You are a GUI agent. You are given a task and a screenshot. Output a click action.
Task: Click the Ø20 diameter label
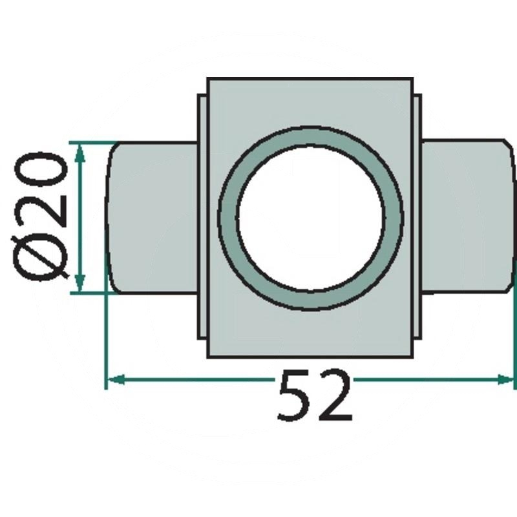(40, 216)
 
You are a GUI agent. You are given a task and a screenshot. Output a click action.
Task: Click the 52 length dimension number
(315, 396)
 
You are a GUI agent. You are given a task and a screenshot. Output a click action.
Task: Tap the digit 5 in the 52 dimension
(295, 396)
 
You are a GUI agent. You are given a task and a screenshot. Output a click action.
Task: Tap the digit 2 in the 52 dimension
(334, 395)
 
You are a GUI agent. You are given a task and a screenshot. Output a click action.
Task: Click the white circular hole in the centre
(311, 218)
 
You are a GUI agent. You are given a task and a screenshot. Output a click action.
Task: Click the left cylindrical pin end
(153, 218)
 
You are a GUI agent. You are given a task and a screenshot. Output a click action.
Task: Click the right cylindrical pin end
(467, 216)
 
